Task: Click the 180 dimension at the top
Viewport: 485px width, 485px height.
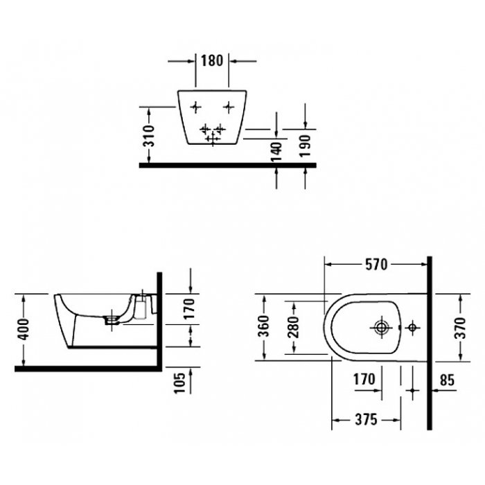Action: coord(212,61)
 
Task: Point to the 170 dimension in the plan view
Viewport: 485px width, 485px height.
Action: coord(363,379)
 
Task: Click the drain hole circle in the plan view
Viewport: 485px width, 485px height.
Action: coord(381,326)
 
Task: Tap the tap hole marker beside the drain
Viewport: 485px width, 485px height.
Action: coord(412,326)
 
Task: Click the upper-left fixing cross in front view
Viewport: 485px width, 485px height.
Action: coord(195,107)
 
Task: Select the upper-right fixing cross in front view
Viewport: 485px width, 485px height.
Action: coord(229,107)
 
